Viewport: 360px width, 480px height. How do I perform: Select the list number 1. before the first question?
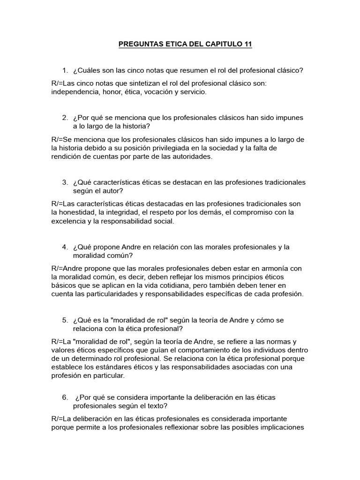click(x=65, y=70)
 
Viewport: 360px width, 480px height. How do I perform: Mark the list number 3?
click(x=65, y=182)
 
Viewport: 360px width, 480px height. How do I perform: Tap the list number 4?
click(x=65, y=247)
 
